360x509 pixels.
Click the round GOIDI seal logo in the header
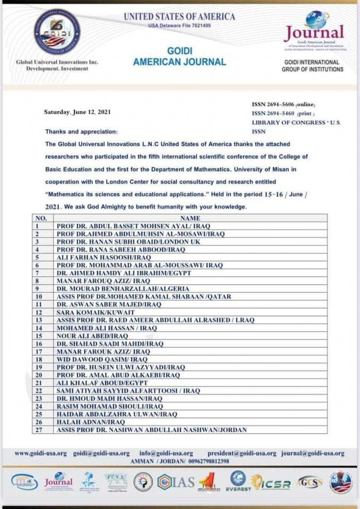pos(57,32)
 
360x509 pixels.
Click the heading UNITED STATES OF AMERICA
pos(179,17)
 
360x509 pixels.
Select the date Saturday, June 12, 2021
pos(77,112)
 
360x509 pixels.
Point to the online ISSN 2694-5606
pos(283,104)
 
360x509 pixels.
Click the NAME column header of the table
pos(190,218)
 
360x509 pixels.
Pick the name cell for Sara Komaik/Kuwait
pos(96,312)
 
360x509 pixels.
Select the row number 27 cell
pos(39,430)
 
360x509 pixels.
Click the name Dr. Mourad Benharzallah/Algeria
pos(123,289)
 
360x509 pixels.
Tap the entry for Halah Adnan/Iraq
pos(91,422)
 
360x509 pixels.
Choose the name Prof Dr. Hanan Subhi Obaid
pos(128,242)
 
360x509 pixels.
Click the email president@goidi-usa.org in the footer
pos(242,453)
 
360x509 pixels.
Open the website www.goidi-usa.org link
pos(41,453)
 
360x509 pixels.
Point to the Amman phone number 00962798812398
pos(209,461)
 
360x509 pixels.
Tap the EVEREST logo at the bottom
pos(238,481)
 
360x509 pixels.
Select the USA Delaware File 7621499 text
pos(179,26)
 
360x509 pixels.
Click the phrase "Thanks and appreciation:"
pos(82,132)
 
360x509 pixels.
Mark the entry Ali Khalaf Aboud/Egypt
pos(102,383)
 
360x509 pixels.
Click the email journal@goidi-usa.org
pos(313,453)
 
